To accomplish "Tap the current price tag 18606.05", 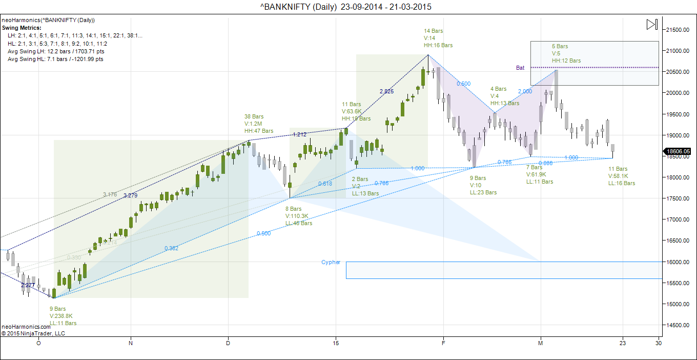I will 679,151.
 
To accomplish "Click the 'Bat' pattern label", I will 520,68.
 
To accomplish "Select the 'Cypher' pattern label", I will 331,262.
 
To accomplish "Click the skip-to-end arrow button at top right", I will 651,24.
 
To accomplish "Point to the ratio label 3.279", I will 131,195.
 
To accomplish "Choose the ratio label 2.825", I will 386,91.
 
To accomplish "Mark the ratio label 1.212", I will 299,134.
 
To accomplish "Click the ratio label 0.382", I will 171,248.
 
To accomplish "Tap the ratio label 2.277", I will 28,285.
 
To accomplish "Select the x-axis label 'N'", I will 131,343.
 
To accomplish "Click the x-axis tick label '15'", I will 336,343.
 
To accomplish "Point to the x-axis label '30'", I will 659,343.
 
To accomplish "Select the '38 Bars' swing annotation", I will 255,116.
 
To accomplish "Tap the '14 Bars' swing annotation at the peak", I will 434,31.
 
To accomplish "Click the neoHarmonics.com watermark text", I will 26,327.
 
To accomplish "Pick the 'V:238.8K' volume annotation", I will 61,316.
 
